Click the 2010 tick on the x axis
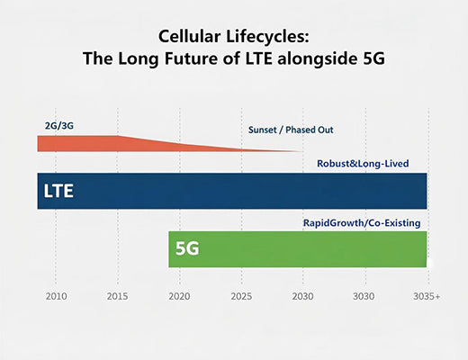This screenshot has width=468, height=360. tap(56, 295)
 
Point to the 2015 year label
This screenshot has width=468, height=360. tap(118, 295)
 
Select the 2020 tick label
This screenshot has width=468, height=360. tap(179, 295)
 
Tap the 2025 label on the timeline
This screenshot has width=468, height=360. tap(241, 295)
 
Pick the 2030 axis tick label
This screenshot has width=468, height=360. tap(302, 295)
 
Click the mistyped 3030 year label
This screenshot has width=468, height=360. tap(364, 295)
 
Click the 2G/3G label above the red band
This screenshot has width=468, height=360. tap(58, 124)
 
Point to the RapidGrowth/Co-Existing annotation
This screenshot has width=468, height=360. tap(362, 222)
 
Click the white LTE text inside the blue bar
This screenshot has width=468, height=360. tap(58, 192)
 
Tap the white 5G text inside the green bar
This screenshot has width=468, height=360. tap(187, 249)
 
